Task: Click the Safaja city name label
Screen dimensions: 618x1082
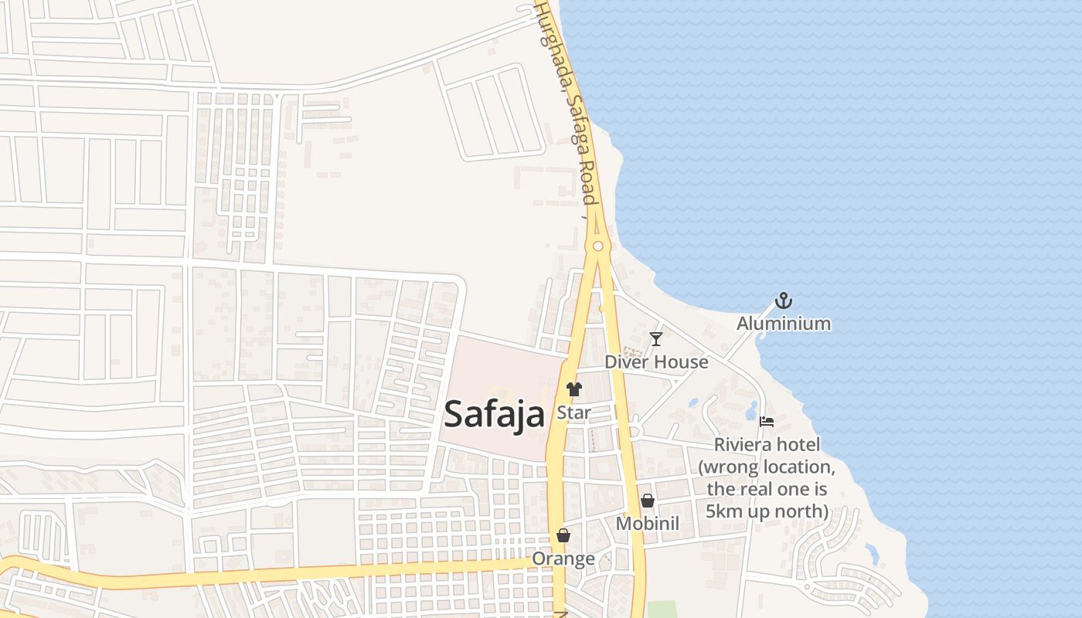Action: pyautogui.click(x=495, y=415)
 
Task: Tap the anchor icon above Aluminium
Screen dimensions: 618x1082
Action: pyautogui.click(x=784, y=301)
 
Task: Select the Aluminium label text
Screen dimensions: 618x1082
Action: pyautogui.click(x=784, y=324)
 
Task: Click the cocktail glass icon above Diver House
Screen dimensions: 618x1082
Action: pyautogui.click(x=656, y=338)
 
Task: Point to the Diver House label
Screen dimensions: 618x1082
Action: pyautogui.click(x=656, y=362)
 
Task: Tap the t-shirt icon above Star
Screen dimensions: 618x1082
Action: pyautogui.click(x=573, y=389)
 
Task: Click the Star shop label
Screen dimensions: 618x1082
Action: pyautogui.click(x=573, y=413)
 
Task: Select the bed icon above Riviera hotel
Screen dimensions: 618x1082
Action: pyautogui.click(x=767, y=422)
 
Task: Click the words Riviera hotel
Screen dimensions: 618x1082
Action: pyautogui.click(x=767, y=445)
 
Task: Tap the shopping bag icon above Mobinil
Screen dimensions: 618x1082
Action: pyautogui.click(x=648, y=501)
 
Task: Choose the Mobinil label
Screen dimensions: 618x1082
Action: pyautogui.click(x=648, y=524)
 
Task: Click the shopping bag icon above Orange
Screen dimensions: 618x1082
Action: pyautogui.click(x=563, y=535)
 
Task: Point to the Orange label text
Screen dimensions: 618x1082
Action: pyautogui.click(x=563, y=559)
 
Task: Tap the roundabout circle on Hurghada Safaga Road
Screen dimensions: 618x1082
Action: pyautogui.click(x=597, y=246)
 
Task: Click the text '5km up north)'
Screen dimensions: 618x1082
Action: pyautogui.click(x=767, y=511)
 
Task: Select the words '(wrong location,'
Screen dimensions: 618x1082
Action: pyautogui.click(x=767, y=467)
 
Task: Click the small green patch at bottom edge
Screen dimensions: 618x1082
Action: pyautogui.click(x=661, y=610)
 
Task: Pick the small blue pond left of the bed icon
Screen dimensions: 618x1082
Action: pyautogui.click(x=751, y=410)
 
